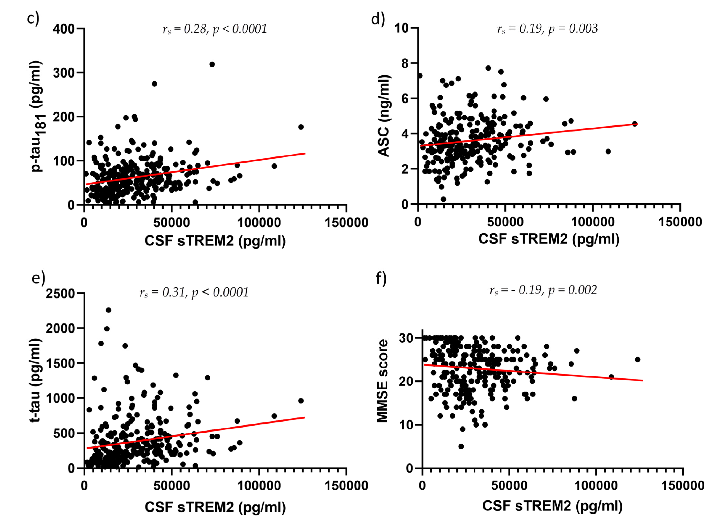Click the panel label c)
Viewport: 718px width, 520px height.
click(x=33, y=18)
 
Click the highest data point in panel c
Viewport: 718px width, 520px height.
click(x=212, y=64)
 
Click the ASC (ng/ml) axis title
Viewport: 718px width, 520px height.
click(x=384, y=116)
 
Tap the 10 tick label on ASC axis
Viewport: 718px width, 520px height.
click(x=402, y=28)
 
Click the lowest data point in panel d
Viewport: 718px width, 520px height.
click(x=443, y=199)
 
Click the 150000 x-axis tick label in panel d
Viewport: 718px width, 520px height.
click(x=680, y=222)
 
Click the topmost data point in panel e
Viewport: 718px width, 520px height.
click(x=108, y=310)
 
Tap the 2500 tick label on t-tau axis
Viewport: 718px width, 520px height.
click(x=60, y=293)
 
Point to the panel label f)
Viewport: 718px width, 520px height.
click(x=381, y=278)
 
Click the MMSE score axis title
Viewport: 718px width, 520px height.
click(x=382, y=381)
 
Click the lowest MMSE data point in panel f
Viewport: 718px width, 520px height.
click(x=461, y=446)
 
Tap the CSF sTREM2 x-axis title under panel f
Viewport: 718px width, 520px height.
click(x=552, y=506)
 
